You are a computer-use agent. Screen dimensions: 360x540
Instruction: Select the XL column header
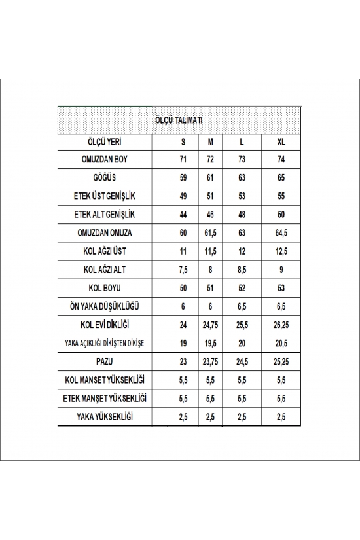click(x=281, y=141)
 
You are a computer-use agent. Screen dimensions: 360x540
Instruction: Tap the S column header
click(x=183, y=141)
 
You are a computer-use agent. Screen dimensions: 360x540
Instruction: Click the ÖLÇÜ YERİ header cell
click(x=104, y=141)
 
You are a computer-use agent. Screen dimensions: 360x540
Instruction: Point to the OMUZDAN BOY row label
click(x=104, y=159)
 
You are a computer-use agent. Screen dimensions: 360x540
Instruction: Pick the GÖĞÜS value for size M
click(x=210, y=177)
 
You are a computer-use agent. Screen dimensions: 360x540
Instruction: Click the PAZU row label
click(x=104, y=361)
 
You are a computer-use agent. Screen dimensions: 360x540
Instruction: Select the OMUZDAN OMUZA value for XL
click(x=281, y=232)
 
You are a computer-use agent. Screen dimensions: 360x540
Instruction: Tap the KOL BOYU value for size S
click(x=183, y=287)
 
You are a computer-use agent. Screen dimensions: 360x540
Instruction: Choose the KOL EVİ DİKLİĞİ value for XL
click(x=281, y=324)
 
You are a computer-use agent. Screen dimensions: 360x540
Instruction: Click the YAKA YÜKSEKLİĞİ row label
click(x=104, y=416)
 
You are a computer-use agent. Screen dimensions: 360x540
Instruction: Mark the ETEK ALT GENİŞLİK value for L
click(x=242, y=214)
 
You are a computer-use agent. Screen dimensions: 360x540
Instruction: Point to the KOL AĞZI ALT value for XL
click(x=281, y=269)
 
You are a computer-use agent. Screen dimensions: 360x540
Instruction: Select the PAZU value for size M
click(x=210, y=361)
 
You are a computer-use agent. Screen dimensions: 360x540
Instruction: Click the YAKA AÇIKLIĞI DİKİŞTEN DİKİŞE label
click(x=104, y=342)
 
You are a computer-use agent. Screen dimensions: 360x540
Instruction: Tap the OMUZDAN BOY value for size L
click(x=242, y=159)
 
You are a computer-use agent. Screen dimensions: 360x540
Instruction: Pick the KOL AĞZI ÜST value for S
click(x=183, y=251)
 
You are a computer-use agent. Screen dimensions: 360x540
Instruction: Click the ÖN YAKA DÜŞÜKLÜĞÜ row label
click(x=104, y=306)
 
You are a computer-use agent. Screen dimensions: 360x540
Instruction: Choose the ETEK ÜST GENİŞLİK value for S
click(x=183, y=196)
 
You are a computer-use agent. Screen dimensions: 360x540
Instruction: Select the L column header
click(x=242, y=141)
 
